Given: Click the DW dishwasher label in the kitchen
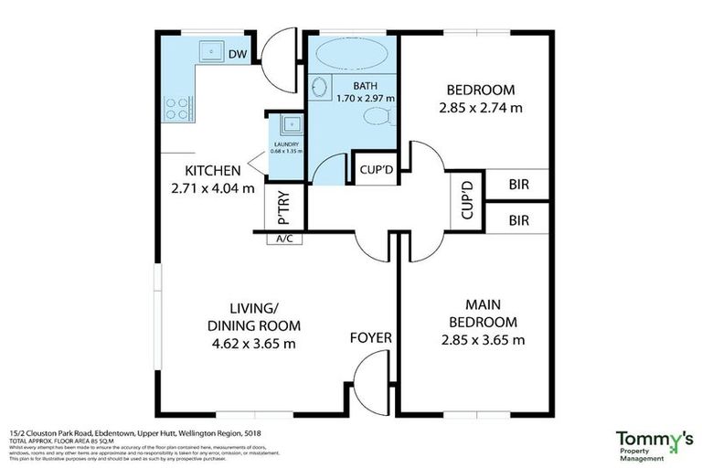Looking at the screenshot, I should pos(238,54).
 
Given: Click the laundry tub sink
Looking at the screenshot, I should pos(289,124).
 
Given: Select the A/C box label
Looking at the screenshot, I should pos(282,239).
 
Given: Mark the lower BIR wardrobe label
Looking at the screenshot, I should pos(519,219).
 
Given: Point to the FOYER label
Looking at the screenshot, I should pos(371,337).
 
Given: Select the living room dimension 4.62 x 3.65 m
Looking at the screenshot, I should pos(251,344).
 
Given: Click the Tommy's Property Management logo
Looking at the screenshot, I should pos(653,444).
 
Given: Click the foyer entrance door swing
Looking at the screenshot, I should pos(370,375).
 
